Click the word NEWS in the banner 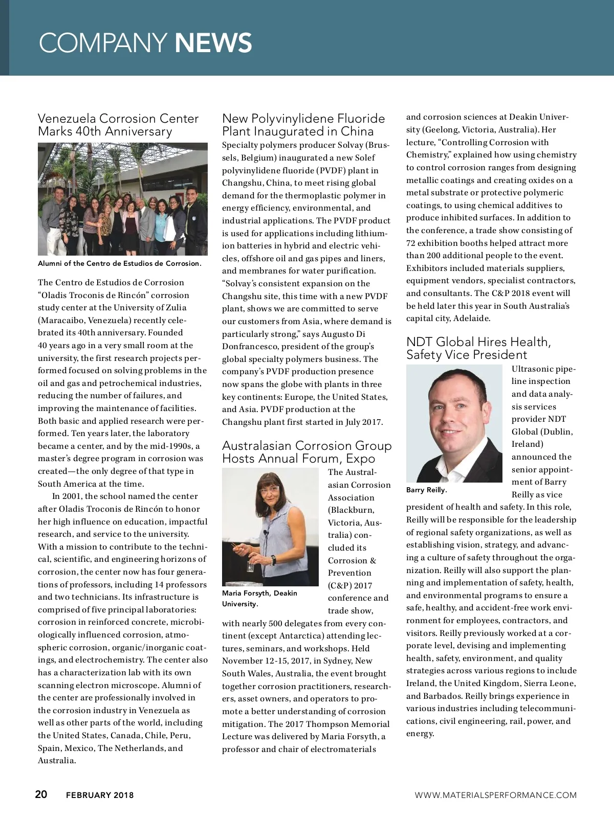coord(213,43)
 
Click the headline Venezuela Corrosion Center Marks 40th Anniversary coord(118,125)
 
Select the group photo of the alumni coord(123,199)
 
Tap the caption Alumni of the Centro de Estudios coord(119,263)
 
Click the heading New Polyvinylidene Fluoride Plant coord(303,125)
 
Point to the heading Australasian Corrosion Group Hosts coord(306,452)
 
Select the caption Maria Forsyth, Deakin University coord(259,598)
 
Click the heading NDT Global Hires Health coord(478,348)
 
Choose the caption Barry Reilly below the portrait coord(426,490)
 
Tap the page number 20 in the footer coord(41,794)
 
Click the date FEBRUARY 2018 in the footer coord(100,795)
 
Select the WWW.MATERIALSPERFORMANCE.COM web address coord(495,795)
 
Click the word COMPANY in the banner coord(103,43)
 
